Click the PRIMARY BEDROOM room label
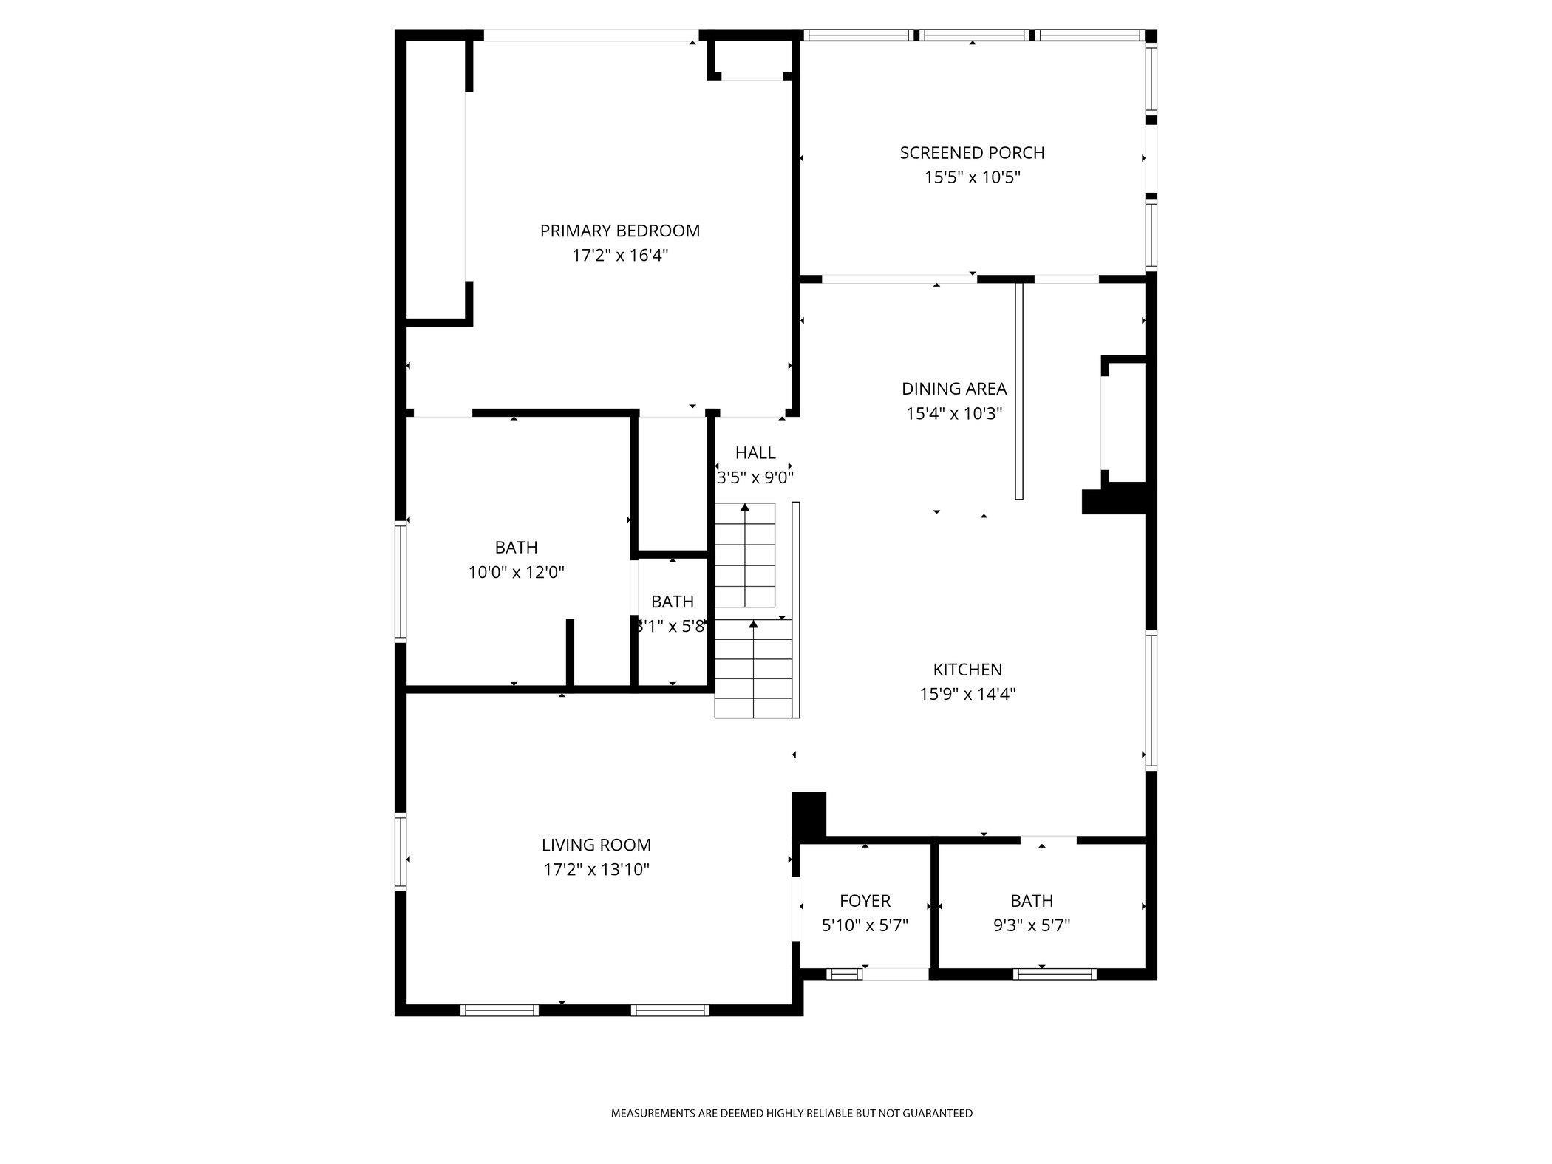[620, 231]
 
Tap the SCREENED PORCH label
[972, 153]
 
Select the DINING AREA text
[954, 389]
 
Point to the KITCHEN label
[967, 670]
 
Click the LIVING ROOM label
[596, 845]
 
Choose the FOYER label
[865, 901]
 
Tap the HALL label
[755, 452]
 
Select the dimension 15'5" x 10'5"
[972, 177]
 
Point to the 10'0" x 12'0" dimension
[517, 572]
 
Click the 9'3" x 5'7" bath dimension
[1032, 925]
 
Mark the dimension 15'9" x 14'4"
[967, 694]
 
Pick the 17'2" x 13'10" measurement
[596, 869]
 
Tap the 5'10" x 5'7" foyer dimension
[865, 925]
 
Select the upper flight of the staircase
[745, 554]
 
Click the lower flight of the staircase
[753, 669]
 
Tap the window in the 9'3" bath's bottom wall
[1055, 974]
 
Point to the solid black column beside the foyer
[809, 816]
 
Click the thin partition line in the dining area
[1019, 390]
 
